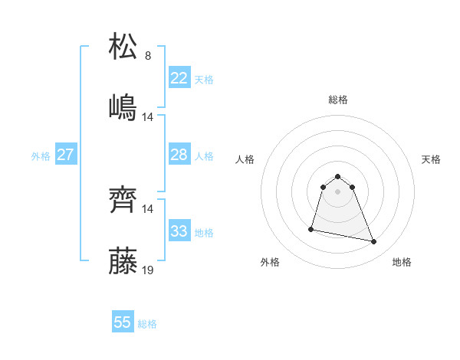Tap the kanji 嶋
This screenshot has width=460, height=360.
coord(123,107)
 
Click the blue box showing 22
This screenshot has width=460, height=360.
coord(179,78)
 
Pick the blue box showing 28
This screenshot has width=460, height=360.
coord(179,155)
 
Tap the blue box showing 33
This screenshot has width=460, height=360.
coord(179,231)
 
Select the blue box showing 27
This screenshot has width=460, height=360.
coord(65,155)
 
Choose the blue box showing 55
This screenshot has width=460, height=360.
coord(123,322)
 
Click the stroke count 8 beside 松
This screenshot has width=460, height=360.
coord(148,56)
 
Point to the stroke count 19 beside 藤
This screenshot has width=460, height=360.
coord(149,270)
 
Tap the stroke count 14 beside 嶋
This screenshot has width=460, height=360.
coord(149,117)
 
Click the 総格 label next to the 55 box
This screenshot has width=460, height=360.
coord(147,324)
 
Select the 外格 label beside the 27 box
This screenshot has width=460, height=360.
coord(41,155)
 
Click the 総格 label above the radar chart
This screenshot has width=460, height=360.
coord(338,100)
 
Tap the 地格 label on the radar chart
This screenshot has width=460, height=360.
coord(402,262)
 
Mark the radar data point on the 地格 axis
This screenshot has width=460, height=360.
coord(374,242)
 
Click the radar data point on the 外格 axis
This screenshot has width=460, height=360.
coord(311,228)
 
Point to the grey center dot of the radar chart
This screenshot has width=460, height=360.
coord(338,191)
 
